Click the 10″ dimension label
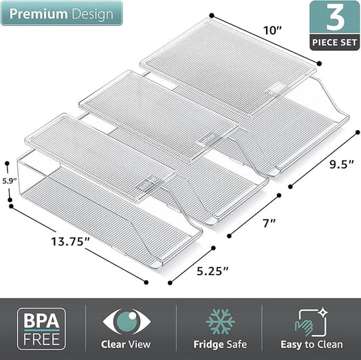(272, 30)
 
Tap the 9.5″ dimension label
(341, 164)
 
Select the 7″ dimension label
(269, 223)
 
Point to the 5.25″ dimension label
(213, 271)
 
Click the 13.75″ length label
(70, 242)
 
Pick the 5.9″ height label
(9, 181)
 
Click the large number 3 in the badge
(335, 18)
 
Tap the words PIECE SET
(335, 43)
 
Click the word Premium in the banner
(39, 14)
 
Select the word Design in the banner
(93, 14)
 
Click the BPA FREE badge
(41, 329)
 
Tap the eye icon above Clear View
(127, 321)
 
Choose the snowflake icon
(220, 321)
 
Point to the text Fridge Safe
(220, 344)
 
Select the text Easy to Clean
(312, 344)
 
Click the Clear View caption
(126, 344)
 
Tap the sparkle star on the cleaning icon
(323, 312)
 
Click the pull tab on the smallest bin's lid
(147, 184)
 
